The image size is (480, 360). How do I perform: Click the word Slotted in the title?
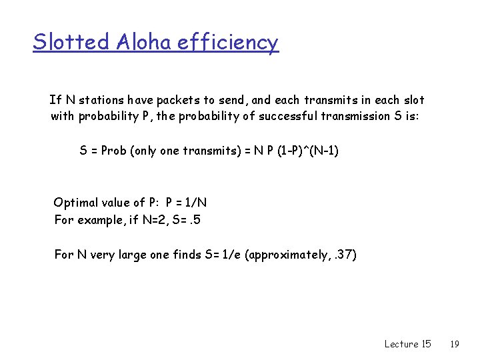tap(71, 42)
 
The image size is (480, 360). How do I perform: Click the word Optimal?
tap(75, 203)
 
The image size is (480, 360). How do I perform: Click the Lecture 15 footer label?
tap(407, 344)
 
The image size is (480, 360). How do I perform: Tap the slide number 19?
tap(455, 344)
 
